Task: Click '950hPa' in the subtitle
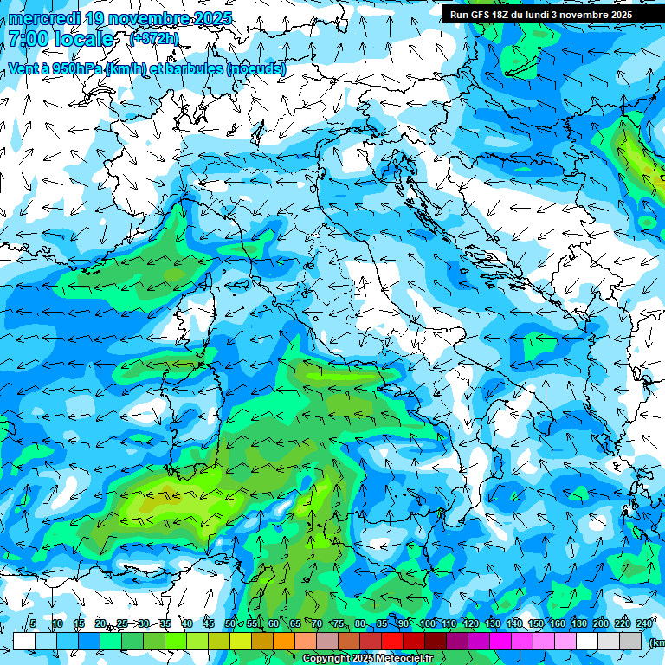(x=75, y=68)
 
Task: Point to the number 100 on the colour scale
(x=427, y=624)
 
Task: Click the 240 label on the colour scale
(x=643, y=624)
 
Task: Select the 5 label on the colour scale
(x=33, y=624)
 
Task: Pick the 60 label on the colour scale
(x=274, y=624)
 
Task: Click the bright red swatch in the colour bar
(x=392, y=641)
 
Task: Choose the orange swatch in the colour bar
(x=284, y=641)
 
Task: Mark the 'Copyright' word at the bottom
(x=327, y=659)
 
